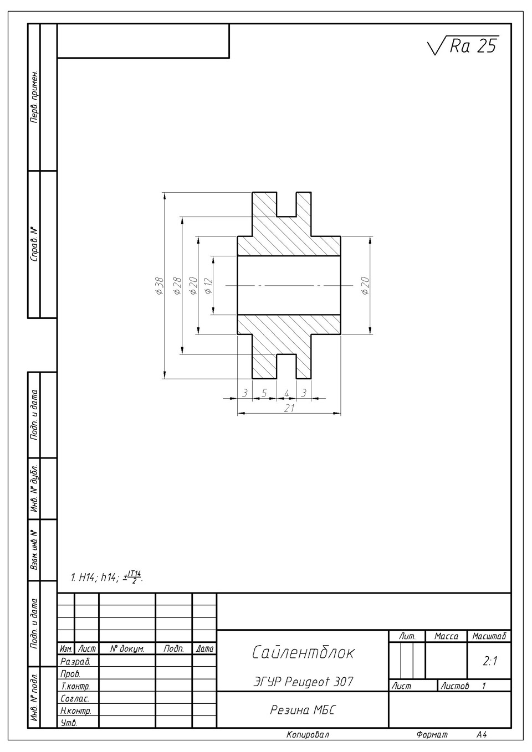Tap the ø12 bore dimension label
(x=208, y=286)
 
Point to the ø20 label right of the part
(x=365, y=286)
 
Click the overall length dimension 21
(x=289, y=408)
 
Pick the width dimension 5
(x=264, y=393)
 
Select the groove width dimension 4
(x=287, y=393)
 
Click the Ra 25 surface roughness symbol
(x=463, y=45)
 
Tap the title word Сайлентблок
(x=303, y=652)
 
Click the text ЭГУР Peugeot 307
(x=303, y=681)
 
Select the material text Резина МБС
(x=303, y=710)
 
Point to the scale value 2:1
(x=490, y=661)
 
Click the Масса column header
(x=446, y=636)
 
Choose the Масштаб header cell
(x=489, y=636)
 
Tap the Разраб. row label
(x=75, y=662)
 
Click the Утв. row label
(x=69, y=723)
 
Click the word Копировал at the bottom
(x=308, y=734)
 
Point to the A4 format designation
(x=481, y=734)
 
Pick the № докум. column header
(x=127, y=649)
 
